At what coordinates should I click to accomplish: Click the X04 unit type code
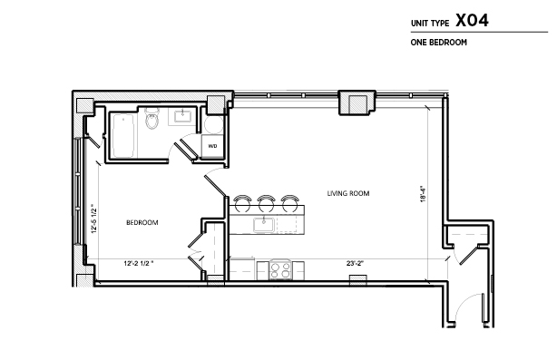[x=472, y=20]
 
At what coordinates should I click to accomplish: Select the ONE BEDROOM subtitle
[x=439, y=43]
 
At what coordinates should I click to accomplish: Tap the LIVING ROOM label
[x=348, y=193]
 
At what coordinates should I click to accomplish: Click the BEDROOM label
[x=142, y=222]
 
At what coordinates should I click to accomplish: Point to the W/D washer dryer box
[x=212, y=146]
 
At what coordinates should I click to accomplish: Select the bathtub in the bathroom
[x=123, y=135]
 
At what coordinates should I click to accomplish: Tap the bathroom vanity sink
[x=182, y=116]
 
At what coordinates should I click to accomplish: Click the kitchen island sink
[x=264, y=225]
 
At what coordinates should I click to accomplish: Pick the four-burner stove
[x=280, y=269]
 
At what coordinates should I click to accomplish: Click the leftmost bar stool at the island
[x=242, y=203]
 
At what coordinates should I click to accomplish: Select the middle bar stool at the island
[x=266, y=203]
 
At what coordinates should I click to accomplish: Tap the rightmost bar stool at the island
[x=289, y=203]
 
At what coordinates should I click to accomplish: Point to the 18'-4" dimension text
[x=423, y=194]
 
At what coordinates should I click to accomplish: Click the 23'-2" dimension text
[x=356, y=264]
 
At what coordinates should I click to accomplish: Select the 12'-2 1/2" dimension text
[x=139, y=264]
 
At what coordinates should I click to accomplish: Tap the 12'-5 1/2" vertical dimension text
[x=93, y=219]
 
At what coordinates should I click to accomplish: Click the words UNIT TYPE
[x=430, y=24]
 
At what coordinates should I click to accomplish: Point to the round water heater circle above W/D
[x=213, y=124]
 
